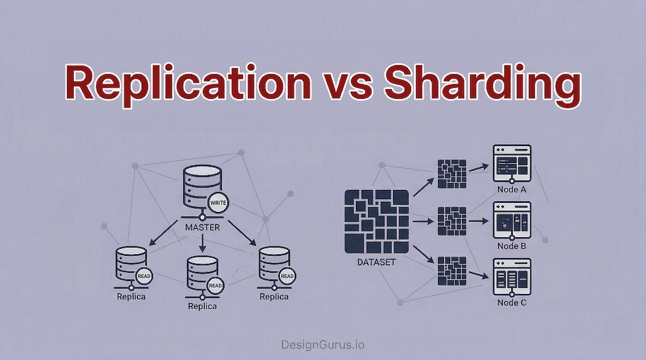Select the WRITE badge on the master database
(x=218, y=203)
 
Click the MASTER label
(x=202, y=227)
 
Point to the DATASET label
(x=376, y=262)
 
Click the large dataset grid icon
(x=377, y=222)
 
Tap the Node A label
(x=512, y=190)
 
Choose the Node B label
(x=512, y=246)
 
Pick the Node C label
(x=512, y=303)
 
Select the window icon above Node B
(x=512, y=219)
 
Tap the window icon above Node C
(x=512, y=277)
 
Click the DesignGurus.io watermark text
(x=323, y=344)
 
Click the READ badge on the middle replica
(x=215, y=286)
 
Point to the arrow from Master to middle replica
(x=202, y=243)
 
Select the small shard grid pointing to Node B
(x=452, y=221)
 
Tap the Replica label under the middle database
(x=202, y=306)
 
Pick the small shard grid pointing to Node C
(x=452, y=271)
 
